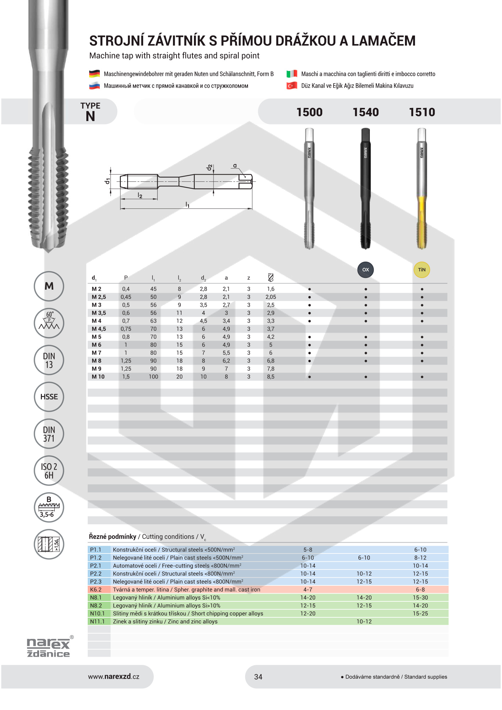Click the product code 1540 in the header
click(366, 112)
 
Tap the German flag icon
click(94, 74)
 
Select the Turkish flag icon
click(292, 86)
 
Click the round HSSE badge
click(49, 397)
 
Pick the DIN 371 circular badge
click(49, 434)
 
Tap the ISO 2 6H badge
click(49, 471)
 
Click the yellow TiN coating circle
click(422, 270)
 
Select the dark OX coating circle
click(366, 270)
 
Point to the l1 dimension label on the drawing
click(187, 204)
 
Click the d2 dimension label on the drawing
click(210, 167)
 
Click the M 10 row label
click(98, 377)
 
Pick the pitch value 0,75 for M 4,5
click(126, 329)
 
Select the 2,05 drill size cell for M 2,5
click(271, 297)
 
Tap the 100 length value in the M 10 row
click(153, 377)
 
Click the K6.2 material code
click(96, 589)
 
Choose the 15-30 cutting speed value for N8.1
click(420, 597)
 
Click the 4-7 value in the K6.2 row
click(308, 589)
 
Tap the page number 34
click(258, 677)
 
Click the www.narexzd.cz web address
click(114, 677)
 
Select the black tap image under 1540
click(366, 188)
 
